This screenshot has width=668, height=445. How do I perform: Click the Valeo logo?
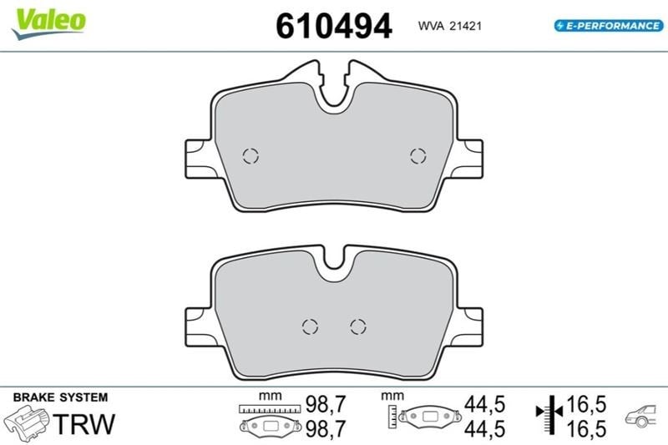point(48,23)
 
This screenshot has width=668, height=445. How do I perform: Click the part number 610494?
point(333,26)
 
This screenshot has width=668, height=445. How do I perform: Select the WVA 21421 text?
point(449,26)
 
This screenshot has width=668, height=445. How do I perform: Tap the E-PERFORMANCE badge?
point(609,26)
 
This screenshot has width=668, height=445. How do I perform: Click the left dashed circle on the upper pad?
point(250,156)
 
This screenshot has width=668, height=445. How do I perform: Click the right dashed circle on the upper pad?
point(418,156)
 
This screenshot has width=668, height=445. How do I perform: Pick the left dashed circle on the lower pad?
point(310,326)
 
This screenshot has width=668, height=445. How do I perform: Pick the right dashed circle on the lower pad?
point(358,326)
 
